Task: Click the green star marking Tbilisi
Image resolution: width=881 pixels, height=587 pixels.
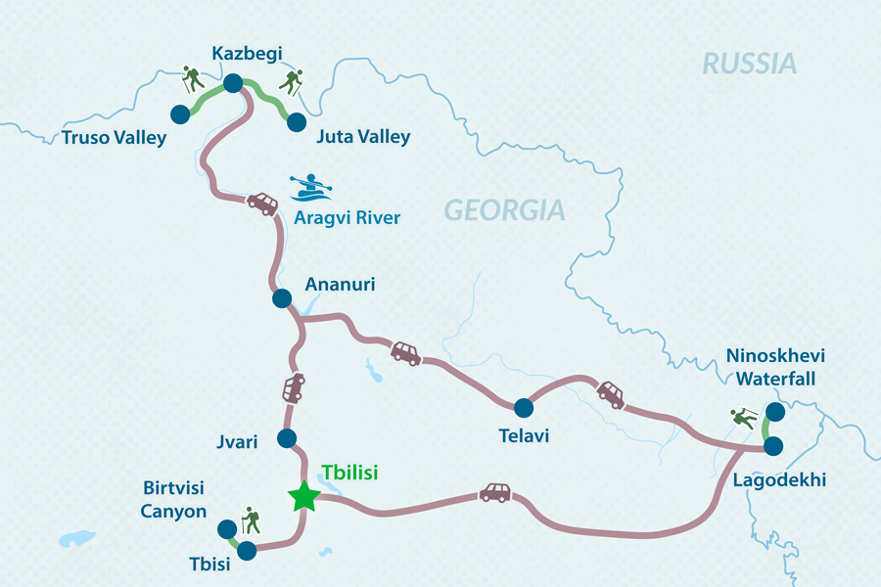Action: point(304,496)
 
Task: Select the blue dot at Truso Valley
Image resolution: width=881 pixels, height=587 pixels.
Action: point(180,114)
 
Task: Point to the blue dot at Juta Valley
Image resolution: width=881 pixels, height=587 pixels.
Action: point(295,121)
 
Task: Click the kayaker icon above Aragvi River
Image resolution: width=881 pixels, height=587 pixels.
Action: point(311,187)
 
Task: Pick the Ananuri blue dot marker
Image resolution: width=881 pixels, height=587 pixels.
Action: point(282,298)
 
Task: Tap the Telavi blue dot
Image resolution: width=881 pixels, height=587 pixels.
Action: point(523,407)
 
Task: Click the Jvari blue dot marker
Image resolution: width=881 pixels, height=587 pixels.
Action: point(287,438)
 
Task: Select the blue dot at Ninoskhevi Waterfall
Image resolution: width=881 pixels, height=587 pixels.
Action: point(774,411)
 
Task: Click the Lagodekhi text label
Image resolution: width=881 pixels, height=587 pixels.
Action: point(778,480)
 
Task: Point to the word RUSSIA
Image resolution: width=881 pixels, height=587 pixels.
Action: point(750,65)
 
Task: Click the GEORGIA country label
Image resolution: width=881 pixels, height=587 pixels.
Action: point(504,209)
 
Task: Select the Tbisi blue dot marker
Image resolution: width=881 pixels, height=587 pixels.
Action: point(247,551)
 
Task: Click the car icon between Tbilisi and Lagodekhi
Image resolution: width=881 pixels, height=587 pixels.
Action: point(494,492)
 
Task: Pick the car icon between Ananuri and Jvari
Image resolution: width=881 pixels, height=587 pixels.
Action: point(293,387)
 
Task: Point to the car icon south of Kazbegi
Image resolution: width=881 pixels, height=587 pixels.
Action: point(261,203)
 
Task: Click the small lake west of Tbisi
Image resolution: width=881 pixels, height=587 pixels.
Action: point(76,538)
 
